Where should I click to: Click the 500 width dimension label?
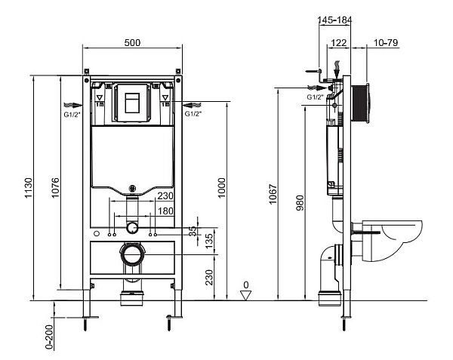tap(133, 43)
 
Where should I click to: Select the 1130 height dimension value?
tap(28, 187)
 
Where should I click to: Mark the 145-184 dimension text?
tap(334, 19)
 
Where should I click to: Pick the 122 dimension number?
tap(338, 43)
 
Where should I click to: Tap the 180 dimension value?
tap(165, 211)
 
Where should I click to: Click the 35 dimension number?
tap(192, 229)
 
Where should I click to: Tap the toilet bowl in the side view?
tap(393, 238)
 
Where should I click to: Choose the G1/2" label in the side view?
tap(316, 97)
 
